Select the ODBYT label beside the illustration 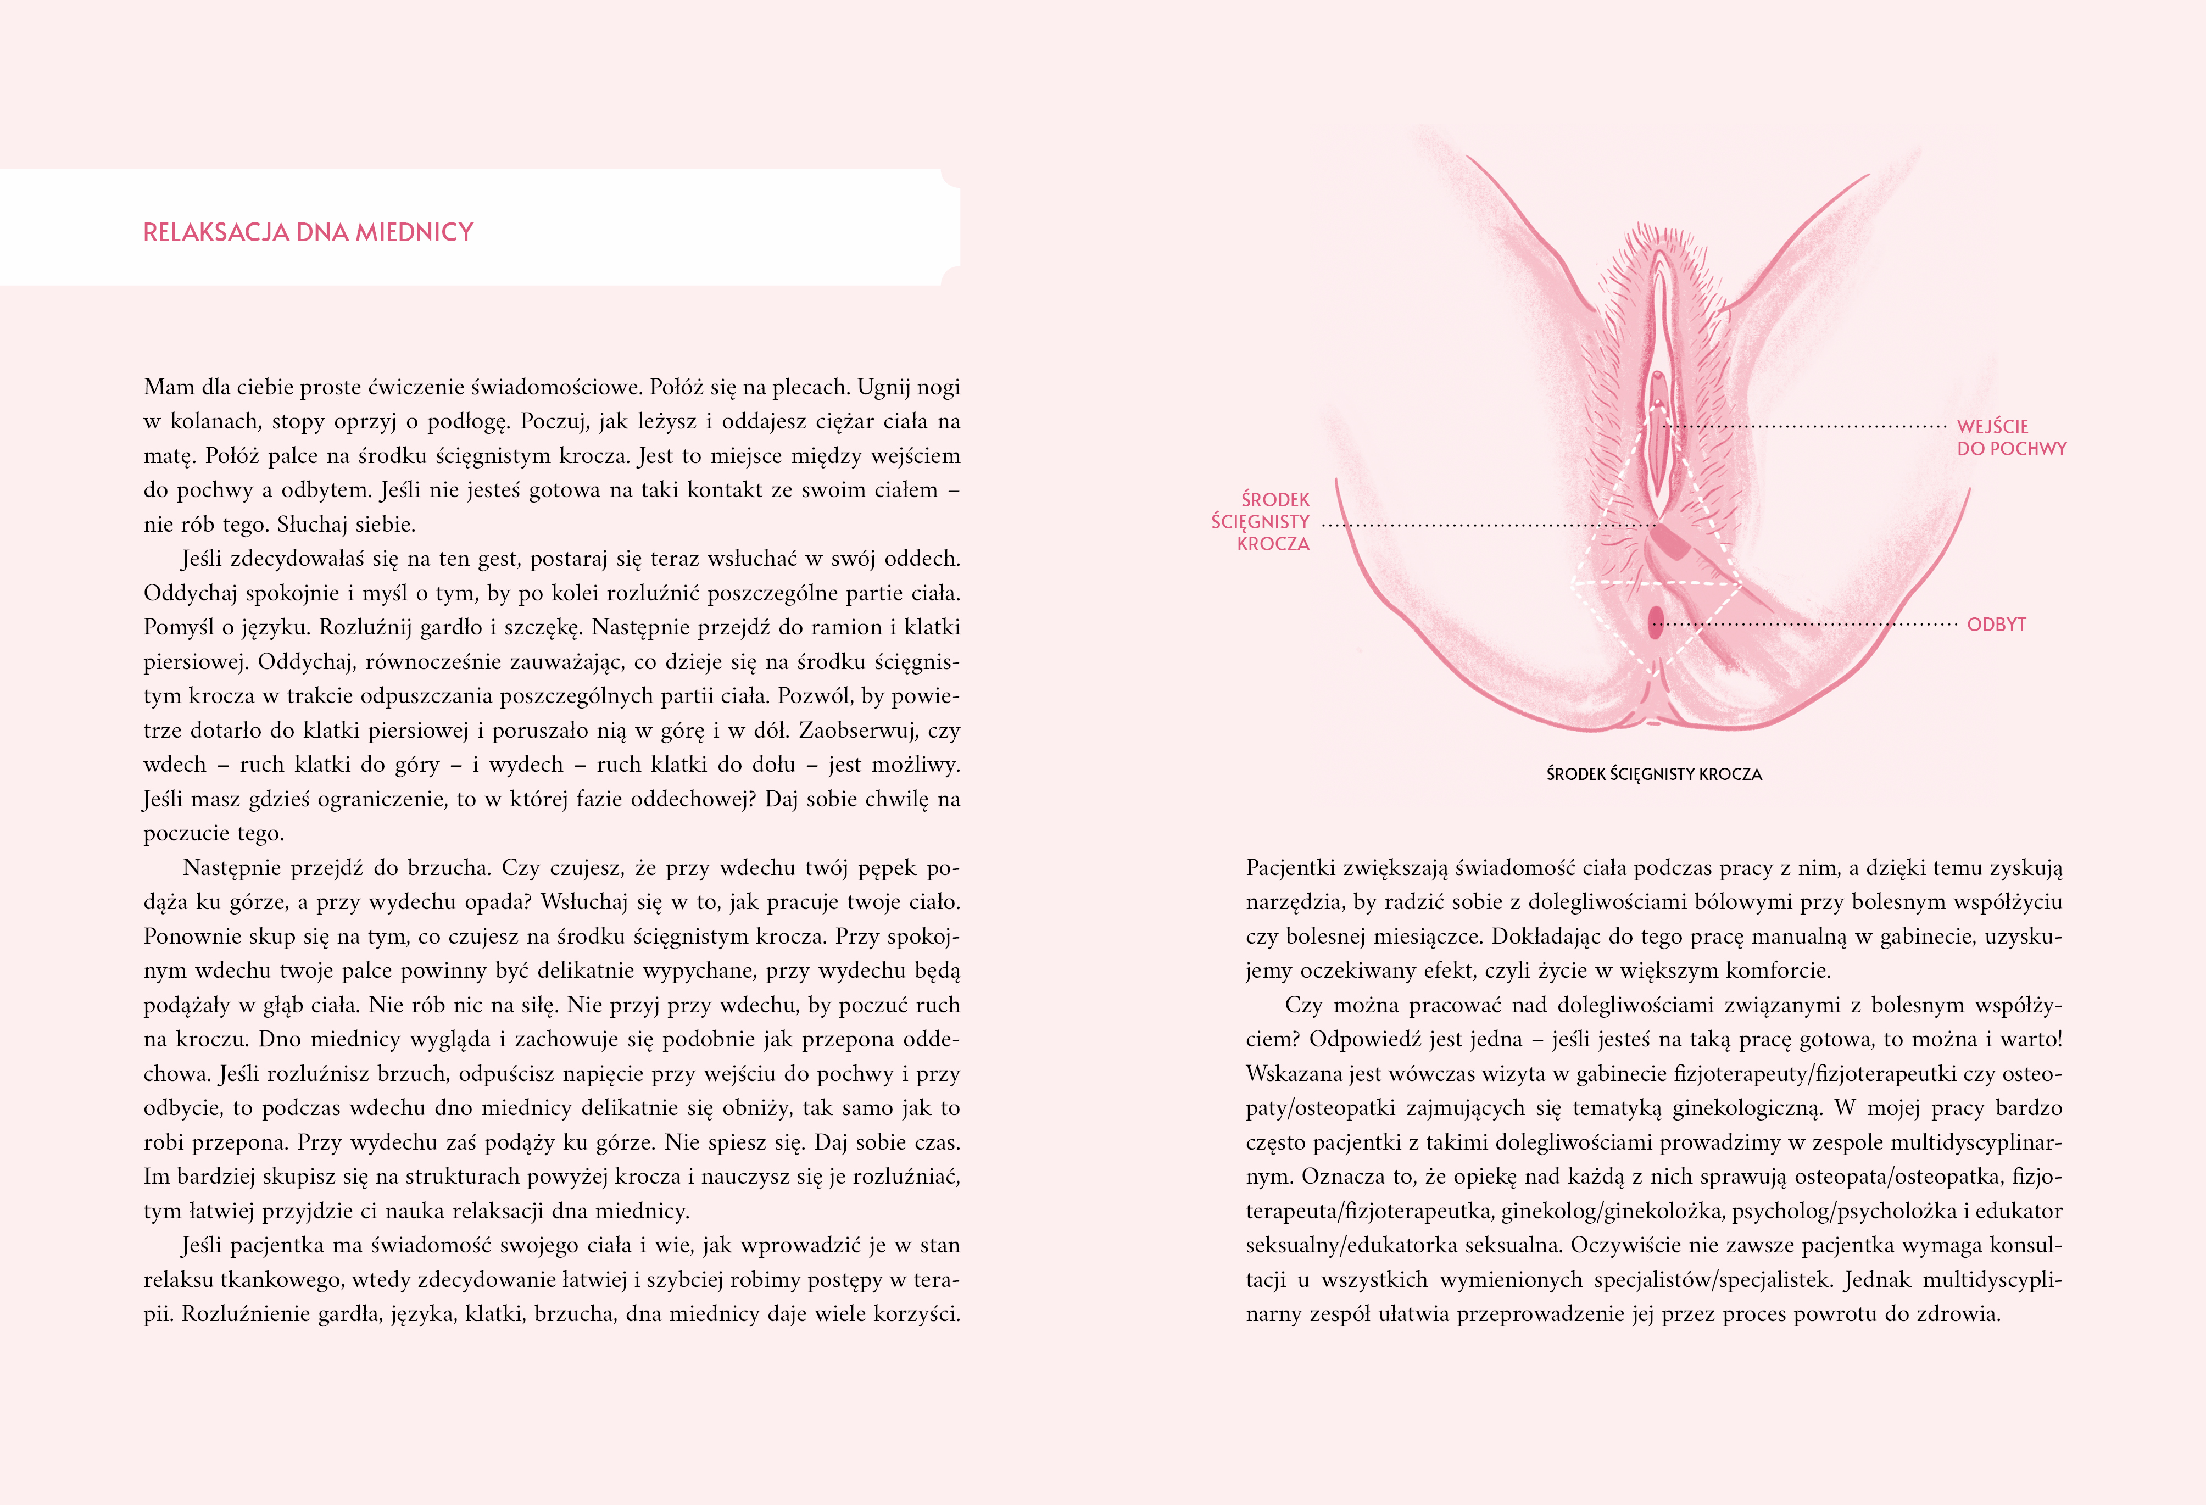tap(1996, 625)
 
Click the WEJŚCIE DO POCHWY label tap(2010, 437)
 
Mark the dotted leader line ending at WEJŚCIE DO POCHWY tap(1803, 427)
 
